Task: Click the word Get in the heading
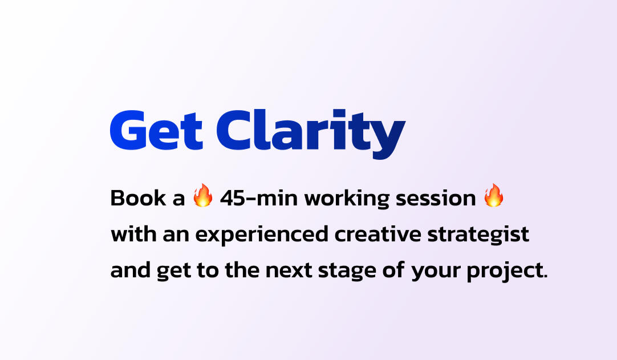156,130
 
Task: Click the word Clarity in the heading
311,134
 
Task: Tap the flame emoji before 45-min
202,195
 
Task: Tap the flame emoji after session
494,195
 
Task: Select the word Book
138,198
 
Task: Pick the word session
436,198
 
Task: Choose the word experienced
262,235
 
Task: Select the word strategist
478,235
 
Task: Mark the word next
289,270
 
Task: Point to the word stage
347,272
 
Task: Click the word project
505,272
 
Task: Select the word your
436,272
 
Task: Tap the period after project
545,277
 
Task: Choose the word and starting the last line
130,270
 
